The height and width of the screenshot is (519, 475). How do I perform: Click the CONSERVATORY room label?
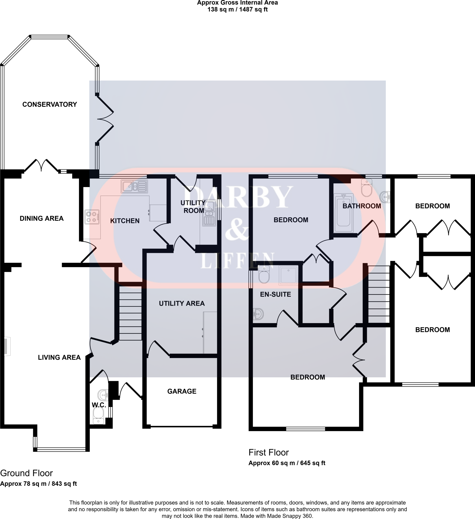point(50,104)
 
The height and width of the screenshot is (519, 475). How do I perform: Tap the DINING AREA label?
point(42,218)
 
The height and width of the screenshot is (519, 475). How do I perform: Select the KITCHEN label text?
point(125,221)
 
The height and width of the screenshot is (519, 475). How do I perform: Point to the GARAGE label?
point(182,391)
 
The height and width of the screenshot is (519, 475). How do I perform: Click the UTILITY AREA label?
point(182,303)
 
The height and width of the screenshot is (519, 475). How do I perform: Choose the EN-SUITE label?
point(275,294)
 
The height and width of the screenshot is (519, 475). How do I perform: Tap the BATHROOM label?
point(362,206)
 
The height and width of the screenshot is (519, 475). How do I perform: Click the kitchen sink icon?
point(134,186)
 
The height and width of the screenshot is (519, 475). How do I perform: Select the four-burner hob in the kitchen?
point(92,217)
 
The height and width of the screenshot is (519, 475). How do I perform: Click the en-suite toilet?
point(264,274)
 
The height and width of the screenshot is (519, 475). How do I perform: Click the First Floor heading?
point(268,452)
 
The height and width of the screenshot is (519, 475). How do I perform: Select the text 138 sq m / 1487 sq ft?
point(237,10)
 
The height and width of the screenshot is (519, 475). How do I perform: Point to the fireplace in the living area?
point(6,346)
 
